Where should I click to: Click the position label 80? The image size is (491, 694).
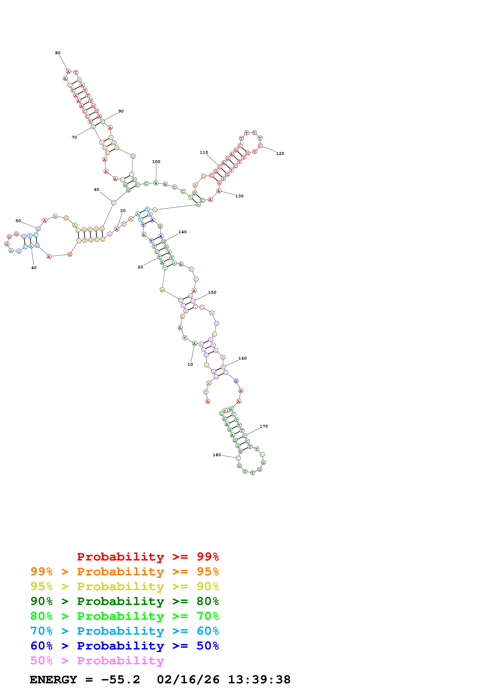(58, 53)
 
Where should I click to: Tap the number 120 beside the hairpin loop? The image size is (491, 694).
(280, 154)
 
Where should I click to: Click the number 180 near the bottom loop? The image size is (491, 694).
(217, 455)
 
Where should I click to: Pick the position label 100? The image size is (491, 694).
(156, 162)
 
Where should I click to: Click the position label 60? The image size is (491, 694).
(96, 190)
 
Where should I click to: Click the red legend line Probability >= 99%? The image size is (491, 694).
(148, 557)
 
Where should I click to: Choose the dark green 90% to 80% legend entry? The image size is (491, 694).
(124, 601)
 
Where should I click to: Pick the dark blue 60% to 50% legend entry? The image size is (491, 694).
(124, 646)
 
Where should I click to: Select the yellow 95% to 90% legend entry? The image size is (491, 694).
(124, 586)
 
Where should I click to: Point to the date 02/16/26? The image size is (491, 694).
(188, 680)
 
